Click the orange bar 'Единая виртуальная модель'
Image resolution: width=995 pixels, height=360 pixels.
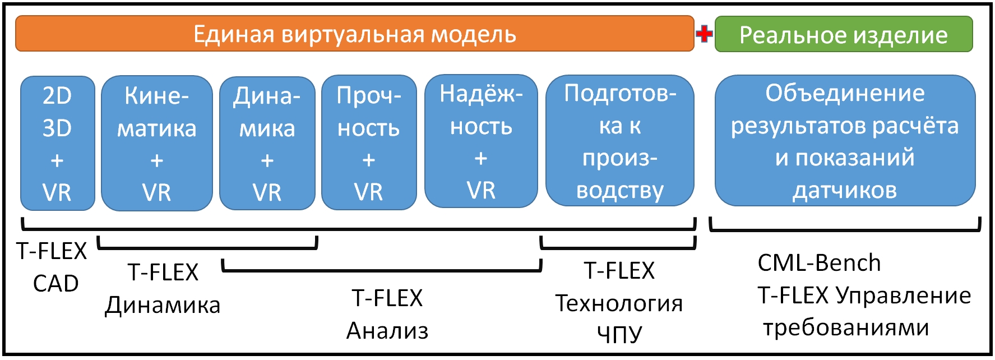(x=354, y=34)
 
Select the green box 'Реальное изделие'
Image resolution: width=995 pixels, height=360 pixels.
(x=843, y=35)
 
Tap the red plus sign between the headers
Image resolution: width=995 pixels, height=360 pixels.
(x=704, y=34)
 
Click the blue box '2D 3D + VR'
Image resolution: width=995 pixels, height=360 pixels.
(x=57, y=144)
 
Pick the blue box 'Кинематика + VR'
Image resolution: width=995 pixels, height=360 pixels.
(x=156, y=144)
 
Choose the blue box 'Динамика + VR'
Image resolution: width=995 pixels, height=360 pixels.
(x=267, y=144)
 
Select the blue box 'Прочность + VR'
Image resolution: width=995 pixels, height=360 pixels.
(x=369, y=144)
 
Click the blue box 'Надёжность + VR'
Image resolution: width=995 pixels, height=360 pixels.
(x=481, y=141)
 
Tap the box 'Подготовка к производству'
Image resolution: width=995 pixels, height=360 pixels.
(x=620, y=141)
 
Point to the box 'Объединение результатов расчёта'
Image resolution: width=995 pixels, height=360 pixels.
(x=845, y=141)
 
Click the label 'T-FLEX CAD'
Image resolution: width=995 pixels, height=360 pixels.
(x=52, y=267)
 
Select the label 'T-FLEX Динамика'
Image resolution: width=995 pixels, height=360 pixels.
(x=163, y=288)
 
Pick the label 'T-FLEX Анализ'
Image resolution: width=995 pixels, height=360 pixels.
(x=387, y=314)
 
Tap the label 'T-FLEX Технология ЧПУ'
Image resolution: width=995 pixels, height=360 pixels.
(x=619, y=302)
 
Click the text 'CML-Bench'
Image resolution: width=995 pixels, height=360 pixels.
(x=819, y=262)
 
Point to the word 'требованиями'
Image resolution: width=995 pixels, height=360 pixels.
(x=846, y=327)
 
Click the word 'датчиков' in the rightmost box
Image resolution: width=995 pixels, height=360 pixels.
(x=845, y=191)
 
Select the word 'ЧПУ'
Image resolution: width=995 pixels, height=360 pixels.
(x=619, y=334)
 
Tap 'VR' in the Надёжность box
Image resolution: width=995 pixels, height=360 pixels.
(x=481, y=191)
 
